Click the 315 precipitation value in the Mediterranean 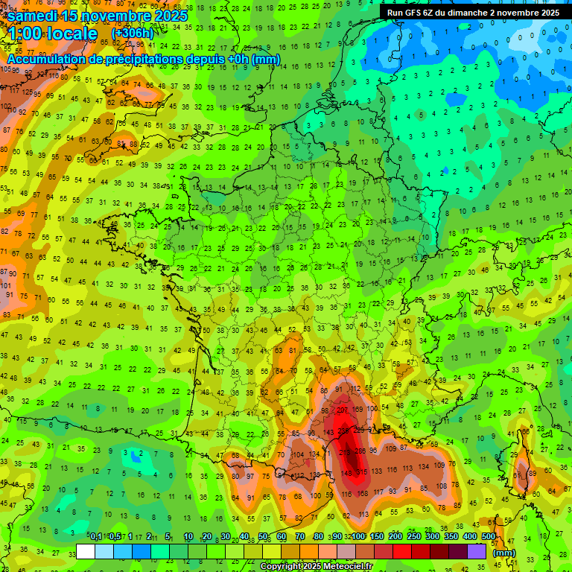click(363, 473)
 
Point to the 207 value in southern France click(343, 410)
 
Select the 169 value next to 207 click(358, 409)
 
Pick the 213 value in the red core click(345, 451)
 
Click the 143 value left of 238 click(328, 432)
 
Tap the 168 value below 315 click(362, 493)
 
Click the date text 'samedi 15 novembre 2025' click(98, 15)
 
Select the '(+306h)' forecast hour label click(132, 34)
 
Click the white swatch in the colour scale click(86, 552)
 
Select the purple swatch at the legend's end click(477, 552)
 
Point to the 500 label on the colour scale click(489, 537)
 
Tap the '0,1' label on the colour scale click(95, 537)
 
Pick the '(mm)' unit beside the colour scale click(504, 553)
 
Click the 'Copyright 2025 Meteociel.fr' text click(316, 567)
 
